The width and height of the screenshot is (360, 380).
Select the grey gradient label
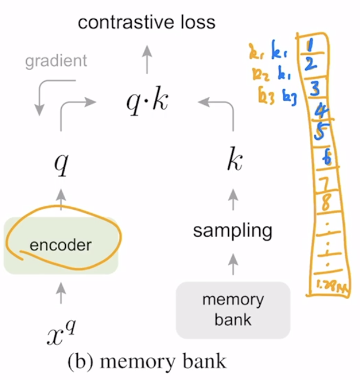[x=57, y=61]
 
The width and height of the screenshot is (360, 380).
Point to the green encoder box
[x=61, y=245]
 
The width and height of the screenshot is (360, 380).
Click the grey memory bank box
[x=232, y=309]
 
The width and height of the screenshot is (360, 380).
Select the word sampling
[x=232, y=230]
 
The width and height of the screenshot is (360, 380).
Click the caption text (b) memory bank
[x=146, y=362]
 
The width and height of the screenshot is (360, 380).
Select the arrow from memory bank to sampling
[x=232, y=265]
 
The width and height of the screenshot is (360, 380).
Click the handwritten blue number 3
[x=313, y=89]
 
